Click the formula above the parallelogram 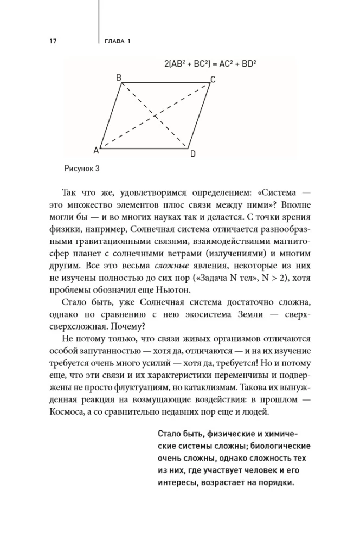[x=210, y=63]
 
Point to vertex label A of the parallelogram [x=96, y=150]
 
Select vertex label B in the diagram [x=119, y=78]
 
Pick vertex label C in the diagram [x=213, y=80]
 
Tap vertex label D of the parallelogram [x=192, y=154]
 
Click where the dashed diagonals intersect [x=155, y=115]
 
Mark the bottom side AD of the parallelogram [x=144, y=147]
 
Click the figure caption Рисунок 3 [x=82, y=168]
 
